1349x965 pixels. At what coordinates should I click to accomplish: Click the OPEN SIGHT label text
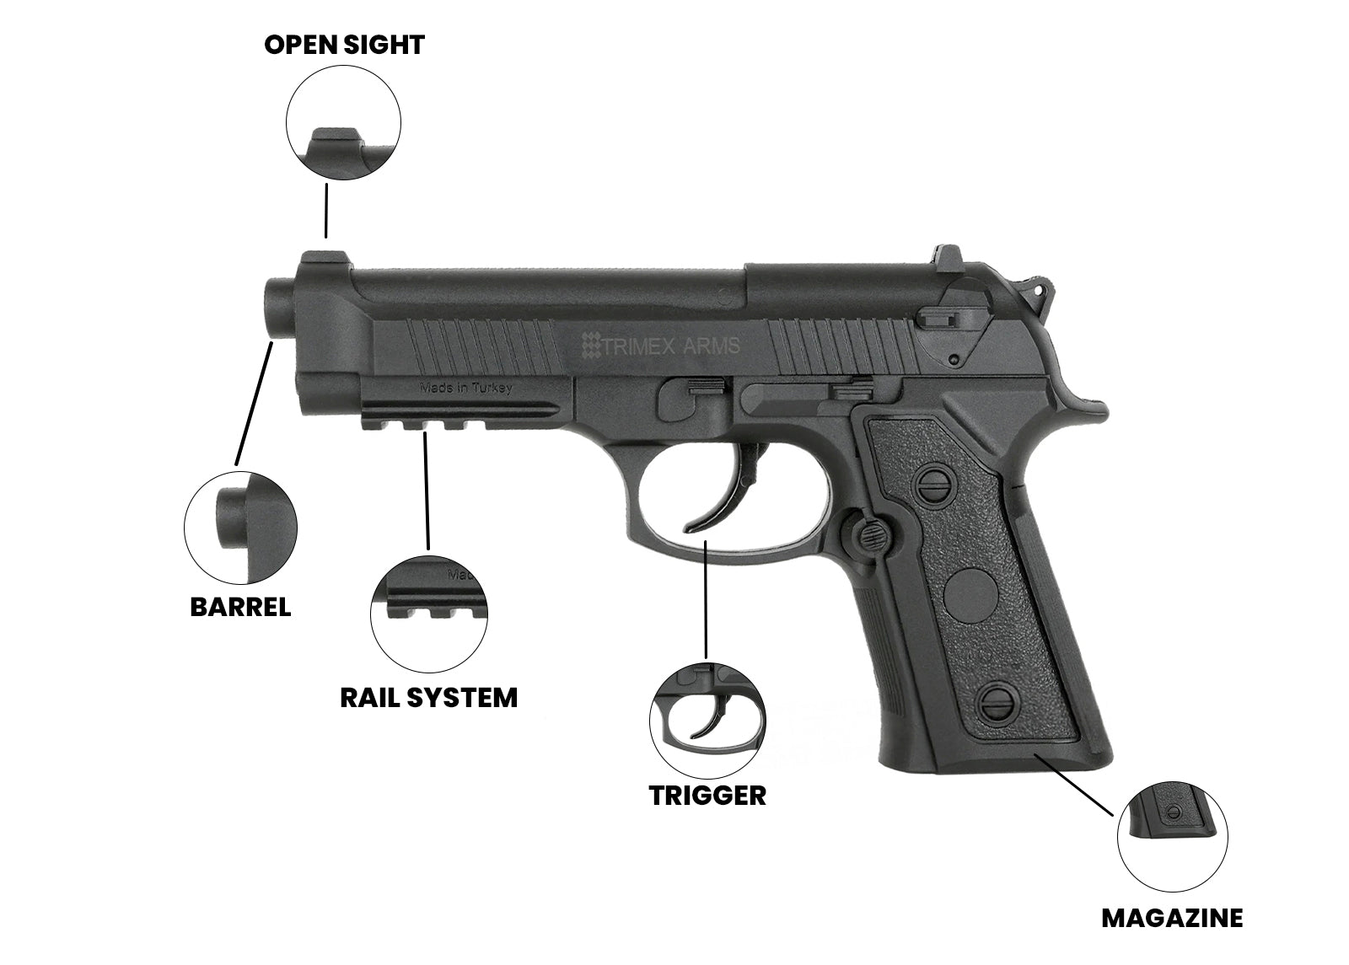point(344,45)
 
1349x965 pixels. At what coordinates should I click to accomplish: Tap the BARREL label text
point(240,607)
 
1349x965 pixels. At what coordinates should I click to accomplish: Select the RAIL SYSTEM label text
point(428,698)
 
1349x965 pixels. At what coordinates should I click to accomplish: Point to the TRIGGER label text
point(707,795)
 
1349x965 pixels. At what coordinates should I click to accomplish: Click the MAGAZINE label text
point(1172,918)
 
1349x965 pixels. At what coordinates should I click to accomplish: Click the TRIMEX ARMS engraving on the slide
point(662,345)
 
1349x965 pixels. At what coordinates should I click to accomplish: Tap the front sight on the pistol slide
point(317,257)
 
